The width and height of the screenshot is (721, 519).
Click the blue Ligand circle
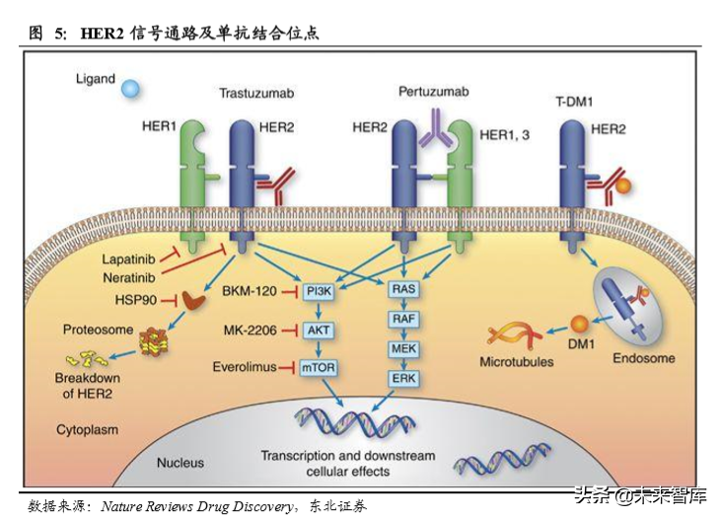(130, 90)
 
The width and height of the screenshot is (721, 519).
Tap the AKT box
(318, 331)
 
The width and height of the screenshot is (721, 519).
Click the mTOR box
(318, 367)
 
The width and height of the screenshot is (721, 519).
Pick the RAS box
(403, 289)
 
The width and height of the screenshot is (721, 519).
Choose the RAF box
(403, 320)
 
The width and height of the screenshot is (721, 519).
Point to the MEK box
(403, 350)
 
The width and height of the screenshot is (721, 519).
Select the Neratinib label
(128, 277)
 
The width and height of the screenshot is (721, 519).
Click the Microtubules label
(517, 362)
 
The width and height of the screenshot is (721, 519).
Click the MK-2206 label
(250, 331)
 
